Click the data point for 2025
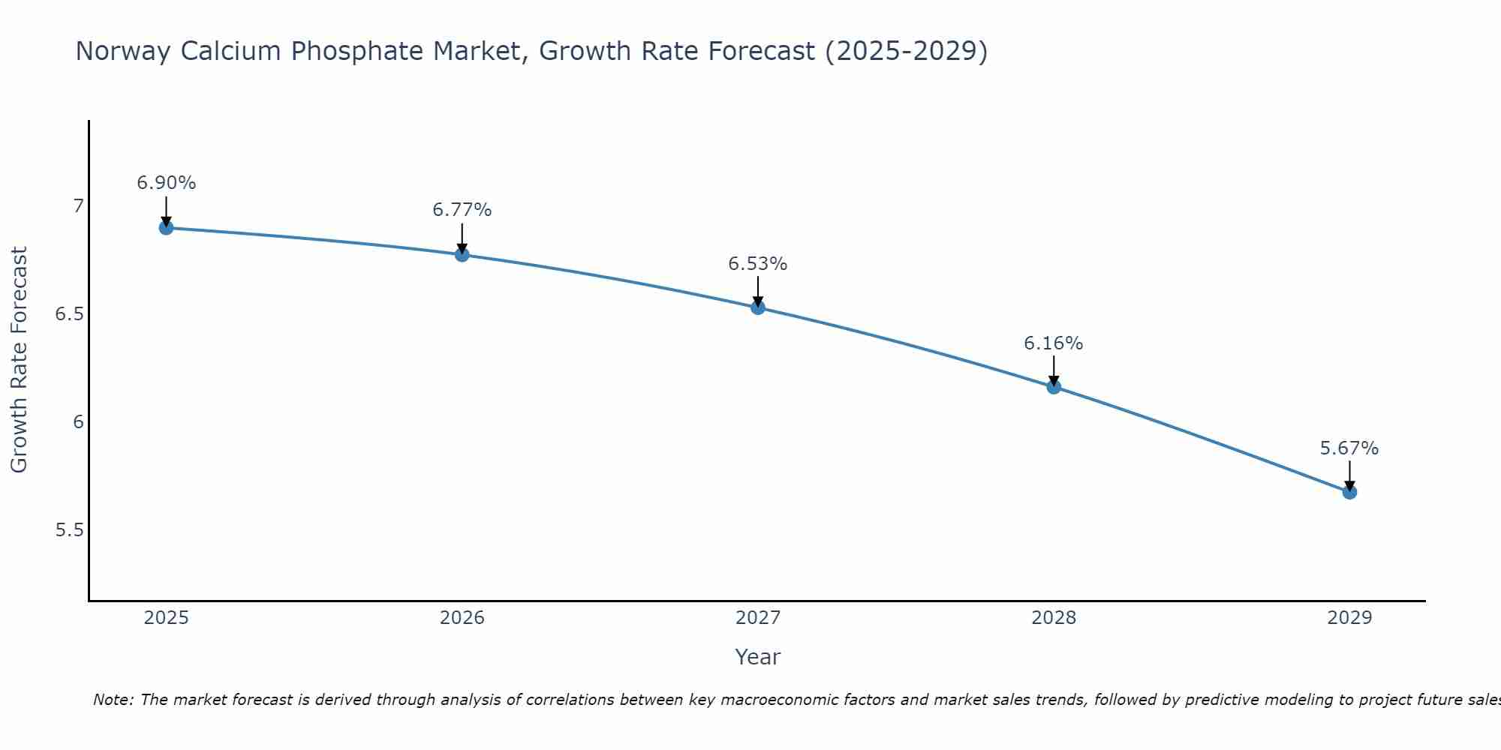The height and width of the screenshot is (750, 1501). pos(166,227)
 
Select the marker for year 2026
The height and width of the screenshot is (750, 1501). pos(462,254)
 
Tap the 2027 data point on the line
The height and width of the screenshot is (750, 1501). pos(758,307)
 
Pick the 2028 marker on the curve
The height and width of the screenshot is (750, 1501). pos(1054,387)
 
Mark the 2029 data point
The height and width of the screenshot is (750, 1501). pos(1349,492)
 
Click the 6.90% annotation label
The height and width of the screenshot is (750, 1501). pos(167,183)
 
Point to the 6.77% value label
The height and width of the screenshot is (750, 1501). pos(462,210)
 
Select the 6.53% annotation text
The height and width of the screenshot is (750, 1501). pos(758,264)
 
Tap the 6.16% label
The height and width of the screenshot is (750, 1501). pos(1054,343)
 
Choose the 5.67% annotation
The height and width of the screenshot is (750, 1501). pos(1349,448)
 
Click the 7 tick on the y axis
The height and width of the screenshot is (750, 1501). pos(77,205)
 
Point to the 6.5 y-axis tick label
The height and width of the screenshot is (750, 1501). pos(69,313)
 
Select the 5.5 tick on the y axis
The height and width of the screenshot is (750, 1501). pos(69,530)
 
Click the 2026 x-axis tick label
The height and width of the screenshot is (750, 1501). pos(462,618)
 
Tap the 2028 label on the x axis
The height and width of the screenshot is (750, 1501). pos(1054,618)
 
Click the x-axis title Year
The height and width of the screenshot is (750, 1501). pos(758,657)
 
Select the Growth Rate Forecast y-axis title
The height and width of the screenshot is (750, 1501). pos(20,360)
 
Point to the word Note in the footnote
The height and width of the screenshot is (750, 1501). pos(113,700)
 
